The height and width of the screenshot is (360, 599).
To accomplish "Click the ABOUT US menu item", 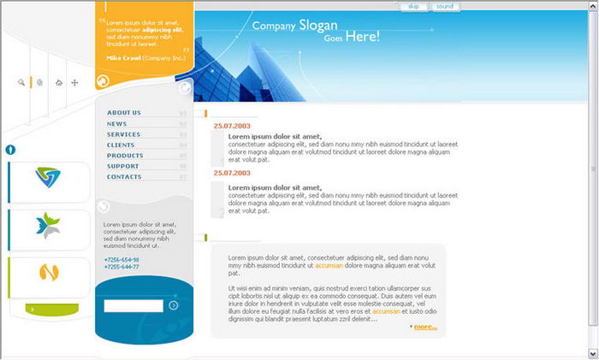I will click(x=124, y=113).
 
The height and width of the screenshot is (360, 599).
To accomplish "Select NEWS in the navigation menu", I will click(x=116, y=124).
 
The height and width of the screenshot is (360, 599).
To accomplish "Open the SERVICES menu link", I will click(x=123, y=134).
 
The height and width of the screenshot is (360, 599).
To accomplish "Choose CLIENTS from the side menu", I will click(x=121, y=145).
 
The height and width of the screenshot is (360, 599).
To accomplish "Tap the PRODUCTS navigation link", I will click(x=125, y=156).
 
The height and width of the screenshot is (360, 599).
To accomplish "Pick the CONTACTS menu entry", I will click(x=124, y=177).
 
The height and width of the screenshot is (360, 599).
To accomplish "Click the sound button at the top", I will click(x=444, y=7).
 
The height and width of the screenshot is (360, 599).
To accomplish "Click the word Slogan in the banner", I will click(x=318, y=26).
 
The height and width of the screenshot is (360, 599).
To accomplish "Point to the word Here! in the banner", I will click(x=362, y=37).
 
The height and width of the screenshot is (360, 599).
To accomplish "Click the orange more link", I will click(x=424, y=327).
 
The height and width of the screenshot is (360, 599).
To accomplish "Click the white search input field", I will click(x=133, y=305).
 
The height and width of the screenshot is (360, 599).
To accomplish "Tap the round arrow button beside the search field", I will click(x=174, y=305).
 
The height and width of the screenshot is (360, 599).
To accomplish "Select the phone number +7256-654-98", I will click(x=122, y=259).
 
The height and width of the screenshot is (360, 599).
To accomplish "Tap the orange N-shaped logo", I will click(x=49, y=274).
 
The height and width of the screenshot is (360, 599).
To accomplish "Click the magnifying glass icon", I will click(x=21, y=83).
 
